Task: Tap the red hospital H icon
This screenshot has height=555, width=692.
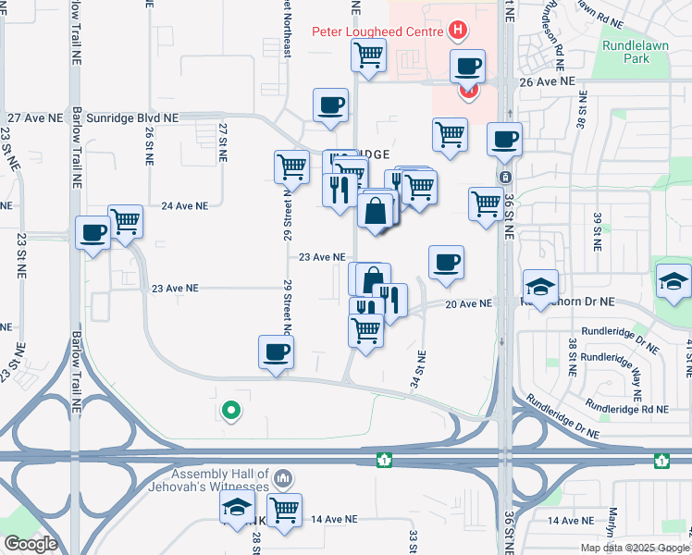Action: (x=457, y=31)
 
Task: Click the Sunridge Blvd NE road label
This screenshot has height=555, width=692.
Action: (x=134, y=118)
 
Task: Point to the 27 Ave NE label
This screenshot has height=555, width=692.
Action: (x=35, y=118)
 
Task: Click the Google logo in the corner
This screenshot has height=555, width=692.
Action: (x=31, y=544)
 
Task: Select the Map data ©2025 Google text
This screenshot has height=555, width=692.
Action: (x=635, y=548)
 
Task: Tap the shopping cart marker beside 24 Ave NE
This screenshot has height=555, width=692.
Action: (x=125, y=220)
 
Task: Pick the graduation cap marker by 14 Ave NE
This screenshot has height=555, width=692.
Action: (x=237, y=506)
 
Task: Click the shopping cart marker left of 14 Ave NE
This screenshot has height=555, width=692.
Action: (x=284, y=509)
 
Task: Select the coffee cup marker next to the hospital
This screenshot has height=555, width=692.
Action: (x=466, y=66)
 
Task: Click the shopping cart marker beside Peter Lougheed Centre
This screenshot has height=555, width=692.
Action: (x=368, y=55)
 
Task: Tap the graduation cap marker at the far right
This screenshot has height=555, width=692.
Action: (x=673, y=279)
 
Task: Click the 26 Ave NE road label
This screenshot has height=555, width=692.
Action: (x=547, y=81)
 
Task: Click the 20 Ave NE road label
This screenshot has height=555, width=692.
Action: (x=467, y=303)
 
